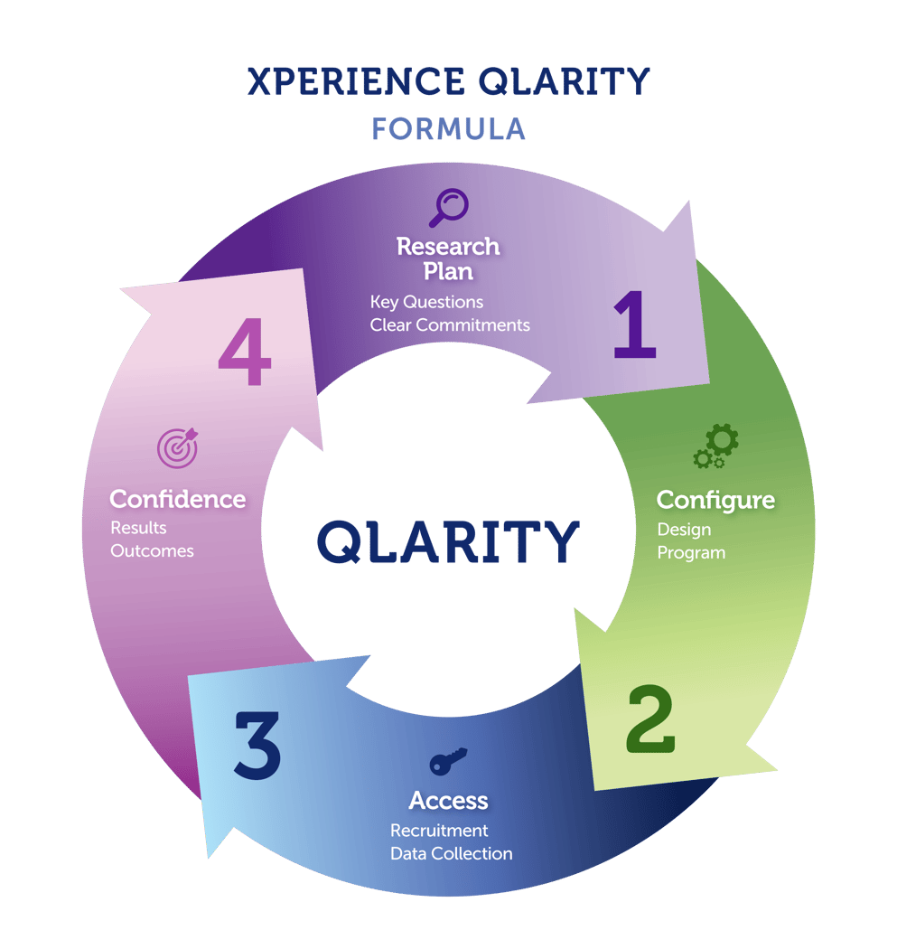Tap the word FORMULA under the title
(x=448, y=128)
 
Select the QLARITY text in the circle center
(x=448, y=541)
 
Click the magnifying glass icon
(x=448, y=207)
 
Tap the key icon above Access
(x=448, y=762)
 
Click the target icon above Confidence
(x=177, y=447)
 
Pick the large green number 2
(x=650, y=719)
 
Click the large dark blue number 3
(x=257, y=746)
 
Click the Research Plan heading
(x=448, y=258)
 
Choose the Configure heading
(x=715, y=500)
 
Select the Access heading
(x=448, y=801)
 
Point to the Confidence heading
(x=177, y=499)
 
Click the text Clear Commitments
(x=450, y=324)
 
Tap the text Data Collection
(x=451, y=853)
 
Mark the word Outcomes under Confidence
(x=152, y=550)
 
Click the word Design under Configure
(x=684, y=530)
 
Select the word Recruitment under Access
(x=439, y=830)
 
